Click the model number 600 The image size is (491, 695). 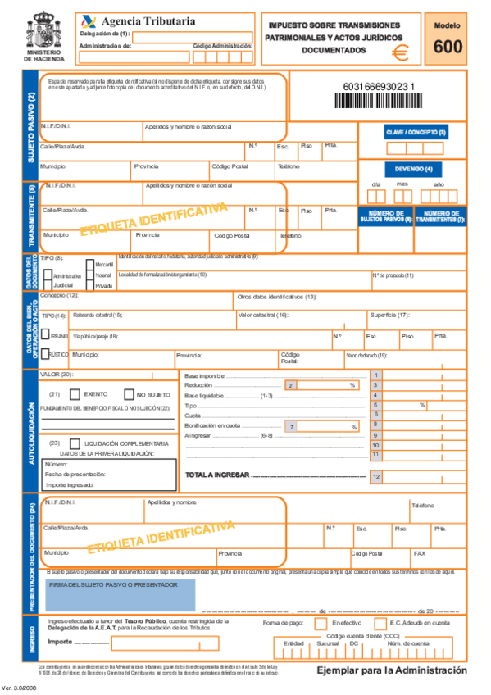tap(448, 48)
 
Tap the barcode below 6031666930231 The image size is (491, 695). tap(378, 102)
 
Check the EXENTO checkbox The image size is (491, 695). tap(77, 394)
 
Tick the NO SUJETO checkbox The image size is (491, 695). tap(129, 394)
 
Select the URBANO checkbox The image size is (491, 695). tap(46, 335)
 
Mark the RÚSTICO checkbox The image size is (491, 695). tap(46, 355)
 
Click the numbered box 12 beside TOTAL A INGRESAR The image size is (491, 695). tap(376, 476)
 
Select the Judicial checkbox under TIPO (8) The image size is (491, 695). tap(47, 284)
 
